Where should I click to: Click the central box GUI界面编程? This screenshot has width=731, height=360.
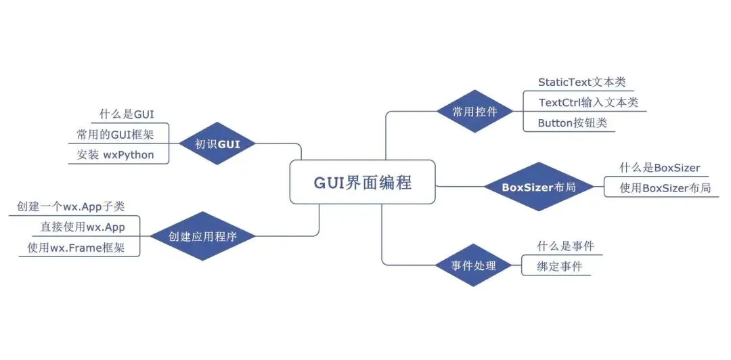tap(362, 182)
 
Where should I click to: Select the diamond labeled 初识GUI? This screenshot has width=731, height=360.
tap(217, 143)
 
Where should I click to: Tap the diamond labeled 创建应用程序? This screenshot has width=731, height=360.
tap(203, 236)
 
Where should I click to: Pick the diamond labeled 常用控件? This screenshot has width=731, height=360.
tap(474, 112)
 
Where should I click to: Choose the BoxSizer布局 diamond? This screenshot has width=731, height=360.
tap(539, 187)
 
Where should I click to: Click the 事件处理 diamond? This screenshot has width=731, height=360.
tap(473, 265)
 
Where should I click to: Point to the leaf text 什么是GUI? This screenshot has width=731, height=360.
tap(127, 114)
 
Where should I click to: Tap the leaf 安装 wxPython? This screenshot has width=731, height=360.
tap(115, 154)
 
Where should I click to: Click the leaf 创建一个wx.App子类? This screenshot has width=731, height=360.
tap(71, 206)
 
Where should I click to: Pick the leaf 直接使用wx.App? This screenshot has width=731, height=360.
tap(83, 227)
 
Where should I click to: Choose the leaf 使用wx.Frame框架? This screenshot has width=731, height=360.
tap(76, 247)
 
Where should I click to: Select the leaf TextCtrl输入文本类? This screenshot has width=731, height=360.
tap(588, 102)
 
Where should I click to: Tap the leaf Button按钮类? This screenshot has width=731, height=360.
tap(573, 122)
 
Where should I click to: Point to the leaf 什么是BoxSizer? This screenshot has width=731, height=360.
tap(660, 167)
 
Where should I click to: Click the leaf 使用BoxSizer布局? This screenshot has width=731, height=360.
tap(666, 188)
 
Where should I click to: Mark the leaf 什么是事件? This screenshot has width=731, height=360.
tap(565, 246)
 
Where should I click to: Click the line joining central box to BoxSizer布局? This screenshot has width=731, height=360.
tap(459, 187)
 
